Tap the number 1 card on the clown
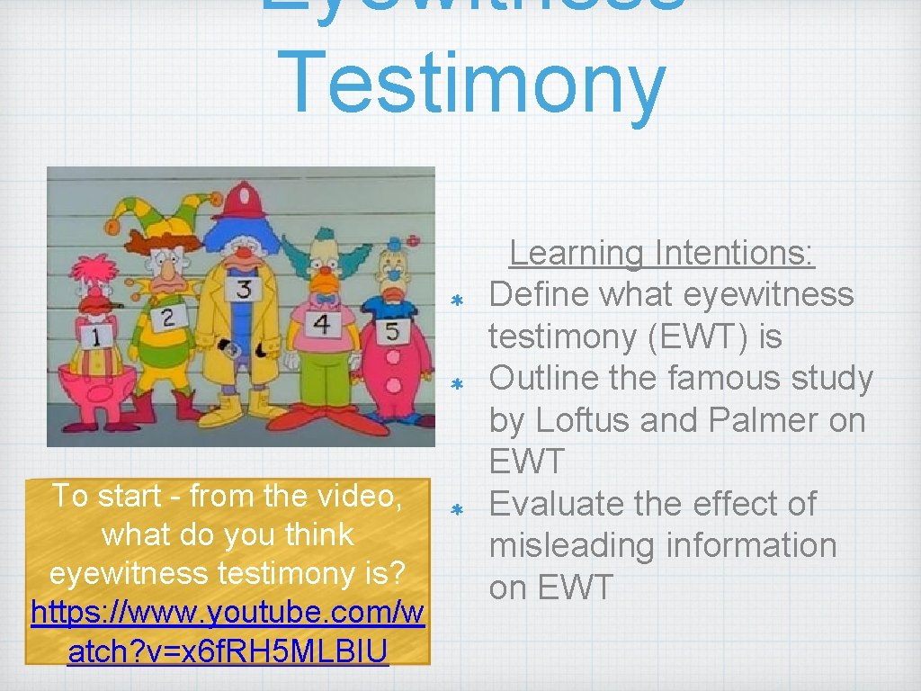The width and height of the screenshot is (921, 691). (93, 337)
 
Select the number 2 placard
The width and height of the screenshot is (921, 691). (168, 316)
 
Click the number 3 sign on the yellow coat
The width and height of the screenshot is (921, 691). (245, 289)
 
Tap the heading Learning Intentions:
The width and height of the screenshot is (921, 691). (661, 254)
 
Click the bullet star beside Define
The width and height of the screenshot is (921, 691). (456, 299)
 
